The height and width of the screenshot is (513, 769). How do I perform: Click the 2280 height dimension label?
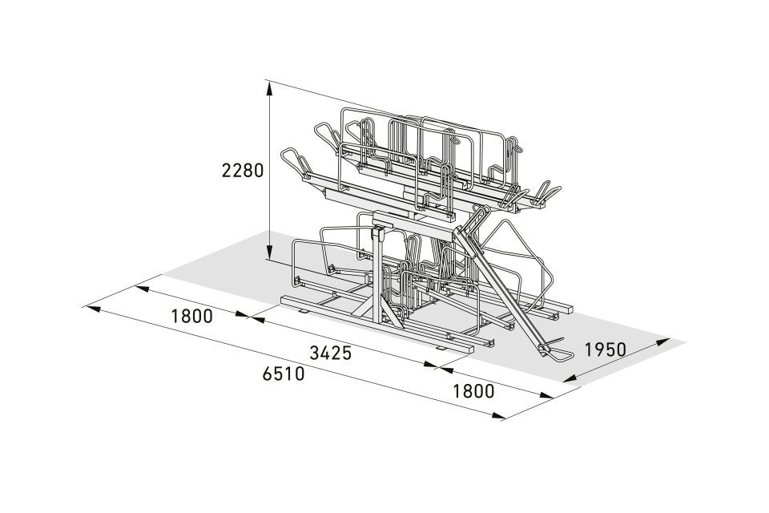pyautogui.click(x=243, y=171)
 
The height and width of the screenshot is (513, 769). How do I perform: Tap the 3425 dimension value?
pyautogui.click(x=331, y=353)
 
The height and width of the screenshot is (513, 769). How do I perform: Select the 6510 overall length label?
pyautogui.click(x=284, y=374)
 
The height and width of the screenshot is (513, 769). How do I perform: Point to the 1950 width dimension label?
pyautogui.click(x=606, y=349)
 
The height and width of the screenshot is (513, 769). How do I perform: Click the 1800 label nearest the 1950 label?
pyautogui.click(x=473, y=391)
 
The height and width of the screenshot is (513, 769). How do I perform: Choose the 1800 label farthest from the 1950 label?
pyautogui.click(x=191, y=316)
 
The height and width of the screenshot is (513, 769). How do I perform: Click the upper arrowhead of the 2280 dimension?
pyautogui.click(x=269, y=88)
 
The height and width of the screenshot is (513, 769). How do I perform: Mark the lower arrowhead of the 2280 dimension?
pyautogui.click(x=269, y=252)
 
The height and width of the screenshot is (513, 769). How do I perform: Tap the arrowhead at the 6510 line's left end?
pyautogui.click(x=92, y=309)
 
